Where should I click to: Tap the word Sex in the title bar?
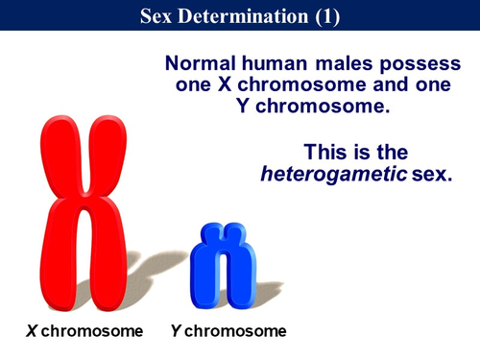(x=169, y=16)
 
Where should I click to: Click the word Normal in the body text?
(x=199, y=63)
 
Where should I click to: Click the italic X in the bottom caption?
(x=31, y=331)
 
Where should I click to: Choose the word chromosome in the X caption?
(x=91, y=331)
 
